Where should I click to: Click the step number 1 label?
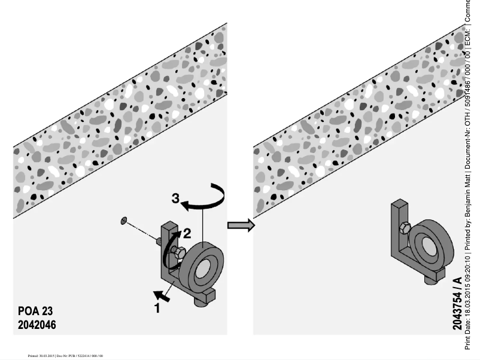(157, 309)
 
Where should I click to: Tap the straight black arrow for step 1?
(162, 294)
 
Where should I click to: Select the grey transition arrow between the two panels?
(241, 225)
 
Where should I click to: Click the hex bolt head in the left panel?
(178, 255)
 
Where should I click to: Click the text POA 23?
(35, 312)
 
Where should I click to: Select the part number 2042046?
(38, 325)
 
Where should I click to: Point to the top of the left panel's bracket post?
(169, 226)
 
